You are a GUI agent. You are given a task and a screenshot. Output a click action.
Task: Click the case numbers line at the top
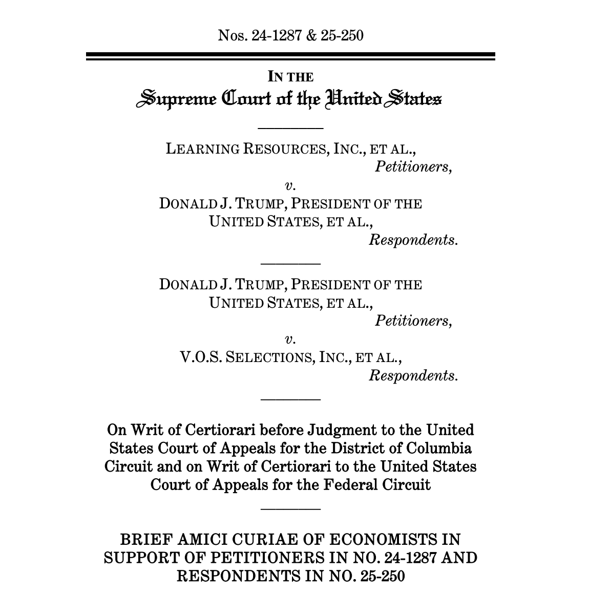tap(290, 35)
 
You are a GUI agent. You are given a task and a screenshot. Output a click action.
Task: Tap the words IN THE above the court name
tap(290, 77)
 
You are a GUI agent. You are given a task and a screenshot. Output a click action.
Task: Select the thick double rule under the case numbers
tap(290, 56)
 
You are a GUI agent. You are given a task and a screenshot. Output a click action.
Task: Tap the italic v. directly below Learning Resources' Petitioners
tap(290, 185)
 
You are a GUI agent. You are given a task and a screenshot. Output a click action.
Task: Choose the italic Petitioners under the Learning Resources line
tap(413, 167)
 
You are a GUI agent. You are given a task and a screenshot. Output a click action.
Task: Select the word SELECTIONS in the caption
tap(269, 357)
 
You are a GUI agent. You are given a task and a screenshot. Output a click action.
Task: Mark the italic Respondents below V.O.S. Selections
tap(413, 375)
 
